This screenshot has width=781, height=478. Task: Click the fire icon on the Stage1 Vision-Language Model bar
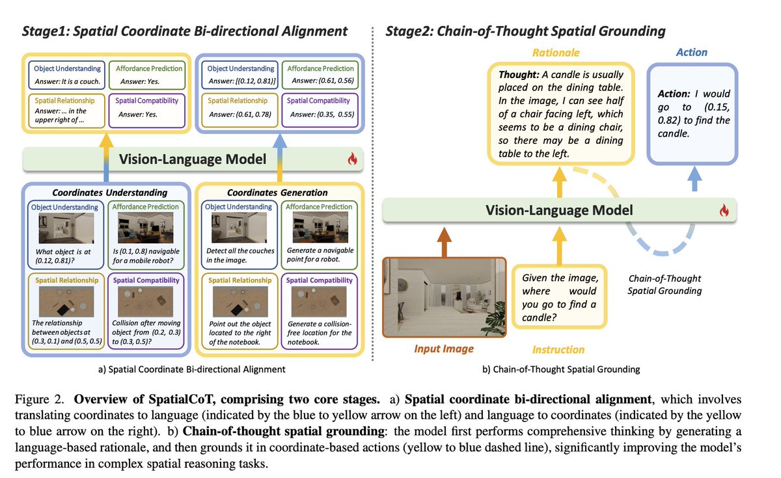coord(353,159)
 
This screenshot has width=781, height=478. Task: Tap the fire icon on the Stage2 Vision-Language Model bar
coord(723,210)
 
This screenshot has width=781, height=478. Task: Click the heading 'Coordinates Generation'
coord(277,193)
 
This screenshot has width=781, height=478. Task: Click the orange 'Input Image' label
coord(444,349)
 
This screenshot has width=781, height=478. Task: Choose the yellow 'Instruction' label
coord(558,349)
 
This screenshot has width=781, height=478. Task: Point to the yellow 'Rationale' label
coord(556,53)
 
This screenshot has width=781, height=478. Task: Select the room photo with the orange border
coord(443,297)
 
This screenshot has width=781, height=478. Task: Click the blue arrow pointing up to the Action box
coord(694,177)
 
